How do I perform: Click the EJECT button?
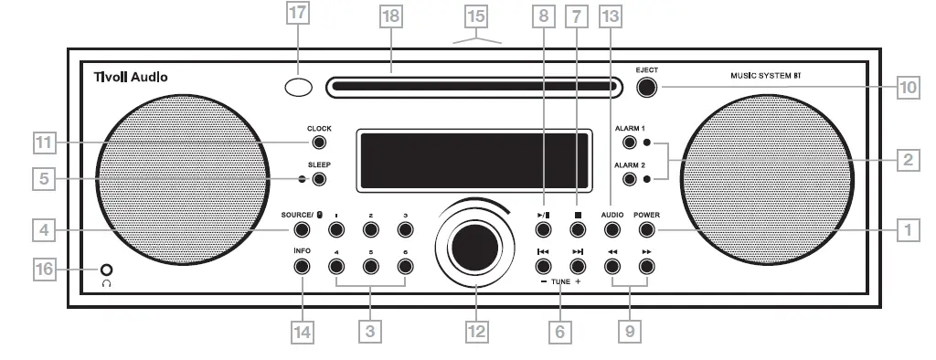[x=647, y=88]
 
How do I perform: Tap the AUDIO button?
[x=612, y=231]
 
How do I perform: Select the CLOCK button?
[x=319, y=143]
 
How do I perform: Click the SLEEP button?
[x=319, y=179]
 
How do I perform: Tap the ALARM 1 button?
[x=629, y=143]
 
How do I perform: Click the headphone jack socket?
[x=108, y=270]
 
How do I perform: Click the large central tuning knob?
[x=475, y=244]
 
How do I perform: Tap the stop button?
[x=577, y=231]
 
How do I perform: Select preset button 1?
[x=335, y=231]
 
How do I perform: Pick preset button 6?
[x=404, y=266]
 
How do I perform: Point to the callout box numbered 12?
[x=475, y=332]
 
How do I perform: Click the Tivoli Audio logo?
[x=132, y=78]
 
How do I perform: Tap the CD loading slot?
[x=472, y=89]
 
